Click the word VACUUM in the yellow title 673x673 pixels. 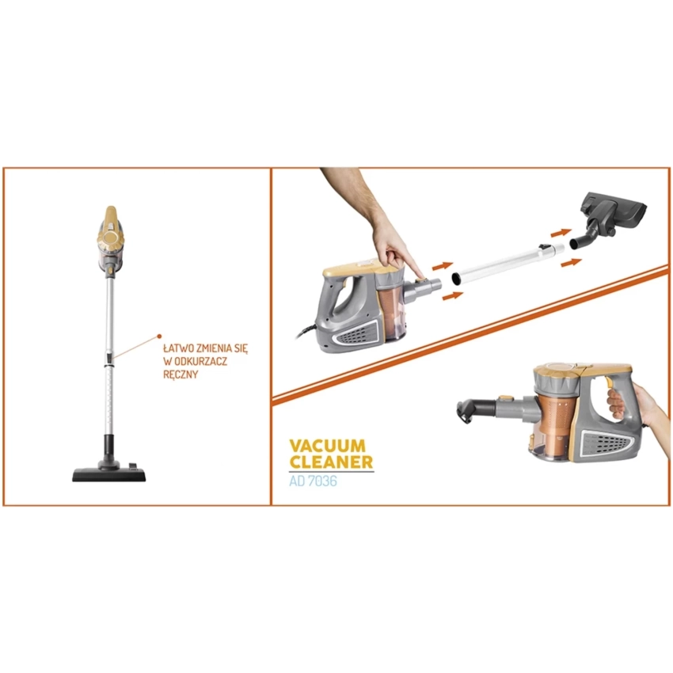pyautogui.click(x=328, y=446)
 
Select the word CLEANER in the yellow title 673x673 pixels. pyautogui.click(x=331, y=462)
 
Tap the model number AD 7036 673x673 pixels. pyautogui.click(x=313, y=481)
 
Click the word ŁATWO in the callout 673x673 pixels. pyautogui.click(x=177, y=348)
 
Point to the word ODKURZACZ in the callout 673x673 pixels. pyautogui.click(x=200, y=361)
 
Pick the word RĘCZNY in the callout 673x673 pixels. pyautogui.click(x=181, y=375)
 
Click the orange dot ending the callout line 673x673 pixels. pyautogui.click(x=159, y=336)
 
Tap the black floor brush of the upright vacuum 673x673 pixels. pyautogui.click(x=109, y=471)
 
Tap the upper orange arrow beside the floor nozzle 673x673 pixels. pyautogui.click(x=561, y=233)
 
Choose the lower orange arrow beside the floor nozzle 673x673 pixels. pyautogui.click(x=572, y=262)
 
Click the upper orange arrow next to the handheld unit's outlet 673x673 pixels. pyautogui.click(x=443, y=266)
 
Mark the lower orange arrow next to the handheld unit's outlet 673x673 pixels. pyautogui.click(x=453, y=296)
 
